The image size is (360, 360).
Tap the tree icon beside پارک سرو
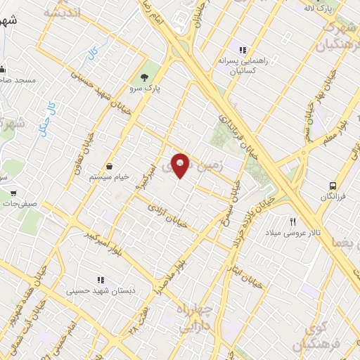(x=145, y=77)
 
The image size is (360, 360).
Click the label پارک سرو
(x=145, y=89)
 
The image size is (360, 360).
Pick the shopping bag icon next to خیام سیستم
(x=110, y=166)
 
